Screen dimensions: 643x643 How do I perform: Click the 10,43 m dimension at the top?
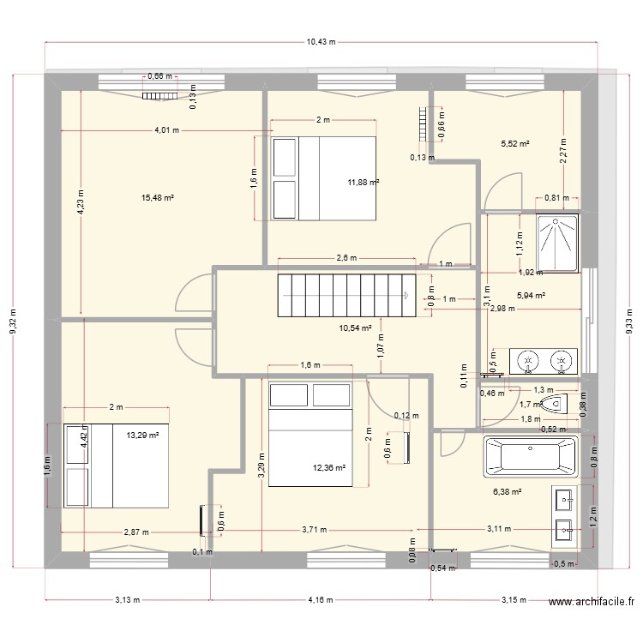click(x=321, y=42)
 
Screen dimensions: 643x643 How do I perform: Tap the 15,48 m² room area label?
click(x=158, y=198)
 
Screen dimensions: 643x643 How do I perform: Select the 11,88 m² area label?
click(x=364, y=183)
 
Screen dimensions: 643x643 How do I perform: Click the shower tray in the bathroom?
click(x=557, y=243)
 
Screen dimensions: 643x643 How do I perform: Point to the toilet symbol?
click(x=554, y=405)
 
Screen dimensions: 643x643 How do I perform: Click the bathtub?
click(x=531, y=456)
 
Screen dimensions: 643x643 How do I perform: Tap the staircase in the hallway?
click(x=346, y=296)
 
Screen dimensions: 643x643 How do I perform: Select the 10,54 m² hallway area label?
click(x=356, y=328)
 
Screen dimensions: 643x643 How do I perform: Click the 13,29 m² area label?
click(x=142, y=436)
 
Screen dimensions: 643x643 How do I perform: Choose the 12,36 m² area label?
click(x=329, y=467)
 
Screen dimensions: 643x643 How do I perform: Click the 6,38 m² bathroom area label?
click(x=508, y=492)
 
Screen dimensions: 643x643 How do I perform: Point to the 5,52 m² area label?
click(x=515, y=144)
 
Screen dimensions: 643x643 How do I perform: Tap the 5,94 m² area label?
click(x=531, y=295)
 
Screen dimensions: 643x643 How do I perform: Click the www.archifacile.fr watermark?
click(x=592, y=602)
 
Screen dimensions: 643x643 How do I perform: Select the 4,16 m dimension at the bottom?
click(x=321, y=600)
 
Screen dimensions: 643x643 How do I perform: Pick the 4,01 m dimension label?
click(x=167, y=130)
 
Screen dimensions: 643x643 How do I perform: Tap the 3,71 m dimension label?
click(x=315, y=530)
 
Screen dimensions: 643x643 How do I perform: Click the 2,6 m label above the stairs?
click(x=347, y=258)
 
